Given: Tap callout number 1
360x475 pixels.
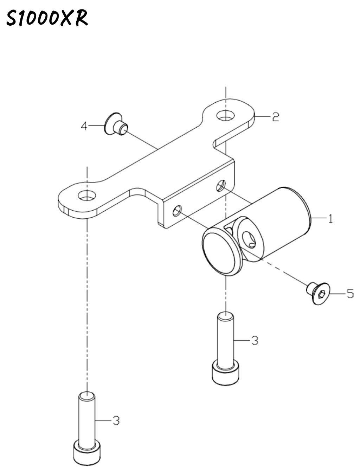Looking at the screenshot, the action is pos(330,218).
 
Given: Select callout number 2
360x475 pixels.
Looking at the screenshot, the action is pos(275,117).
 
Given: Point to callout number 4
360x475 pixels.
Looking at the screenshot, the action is pos(84,126).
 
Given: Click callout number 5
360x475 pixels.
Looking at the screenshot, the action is pos(350,294).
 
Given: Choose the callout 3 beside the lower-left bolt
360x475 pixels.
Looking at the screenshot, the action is pos(116,421).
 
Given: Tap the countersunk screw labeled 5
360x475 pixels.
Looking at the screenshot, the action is pos(318,294).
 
